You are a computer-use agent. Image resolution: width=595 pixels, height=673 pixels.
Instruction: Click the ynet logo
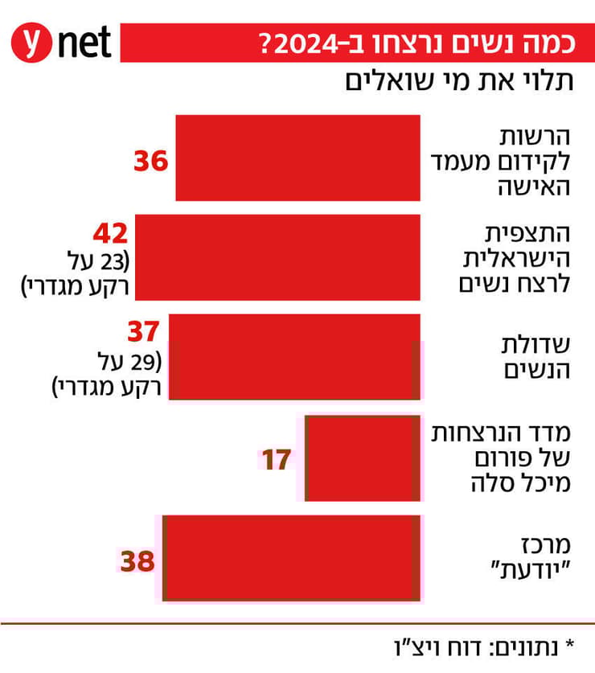(60, 42)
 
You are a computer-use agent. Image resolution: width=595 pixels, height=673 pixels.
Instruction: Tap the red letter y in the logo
(32, 42)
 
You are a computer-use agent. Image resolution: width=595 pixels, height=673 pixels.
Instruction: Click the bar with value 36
(297, 158)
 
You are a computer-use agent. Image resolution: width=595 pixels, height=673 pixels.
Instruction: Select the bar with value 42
(277, 257)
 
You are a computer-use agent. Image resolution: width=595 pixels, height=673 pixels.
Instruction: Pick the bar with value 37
(295, 357)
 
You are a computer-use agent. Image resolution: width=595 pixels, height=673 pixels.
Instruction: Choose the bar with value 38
(291, 558)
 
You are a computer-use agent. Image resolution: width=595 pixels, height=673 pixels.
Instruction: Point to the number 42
(109, 234)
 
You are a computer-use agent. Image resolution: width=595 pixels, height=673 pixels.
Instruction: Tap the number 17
(275, 460)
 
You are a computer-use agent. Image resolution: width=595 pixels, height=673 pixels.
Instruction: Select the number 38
(137, 560)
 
